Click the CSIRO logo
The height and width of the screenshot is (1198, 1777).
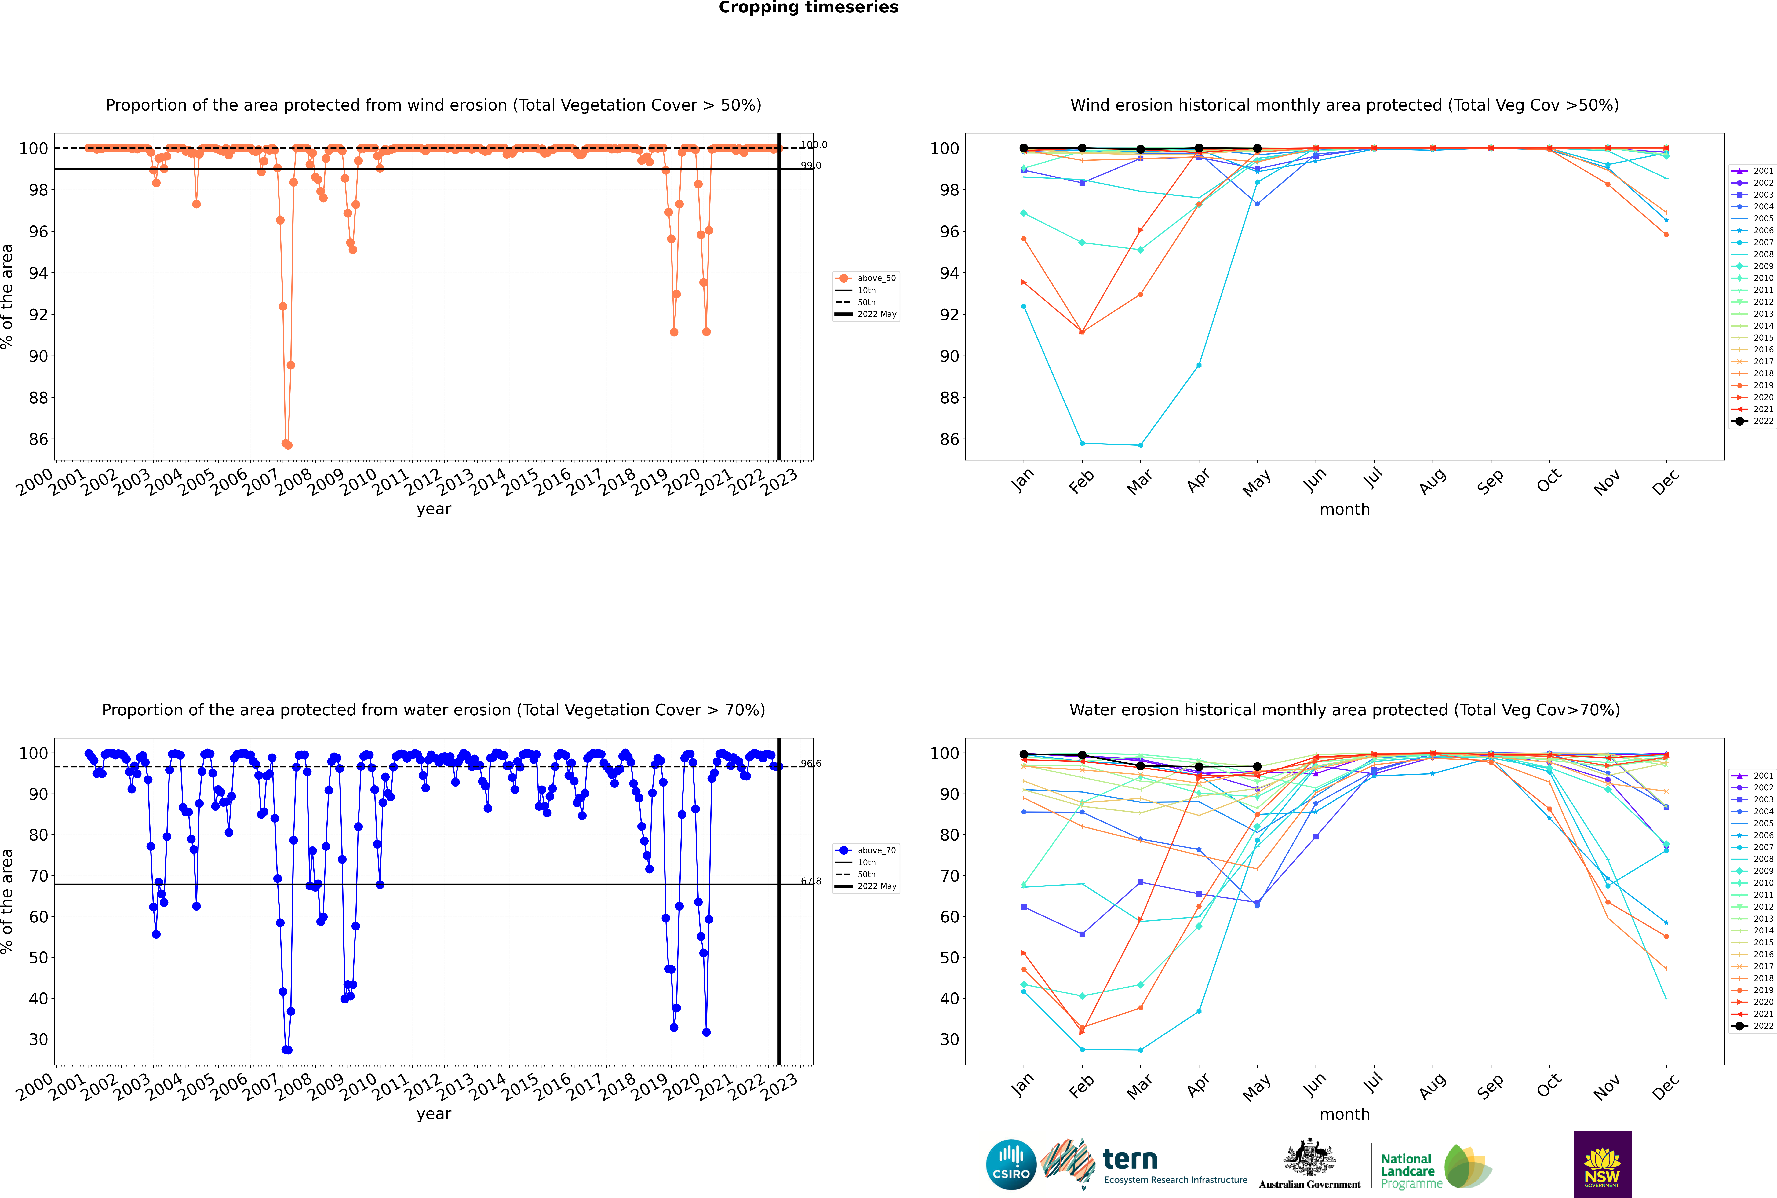[x=1011, y=1164]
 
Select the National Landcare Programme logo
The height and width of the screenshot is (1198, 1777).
[x=1435, y=1167]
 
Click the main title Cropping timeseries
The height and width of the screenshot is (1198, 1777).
[x=808, y=8]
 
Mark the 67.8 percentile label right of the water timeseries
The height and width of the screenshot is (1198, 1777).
[x=810, y=881]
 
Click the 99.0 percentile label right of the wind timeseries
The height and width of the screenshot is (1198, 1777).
[x=810, y=165]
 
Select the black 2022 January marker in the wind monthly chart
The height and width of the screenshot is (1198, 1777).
[x=1024, y=148]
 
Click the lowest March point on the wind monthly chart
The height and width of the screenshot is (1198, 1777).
[x=1141, y=445]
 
